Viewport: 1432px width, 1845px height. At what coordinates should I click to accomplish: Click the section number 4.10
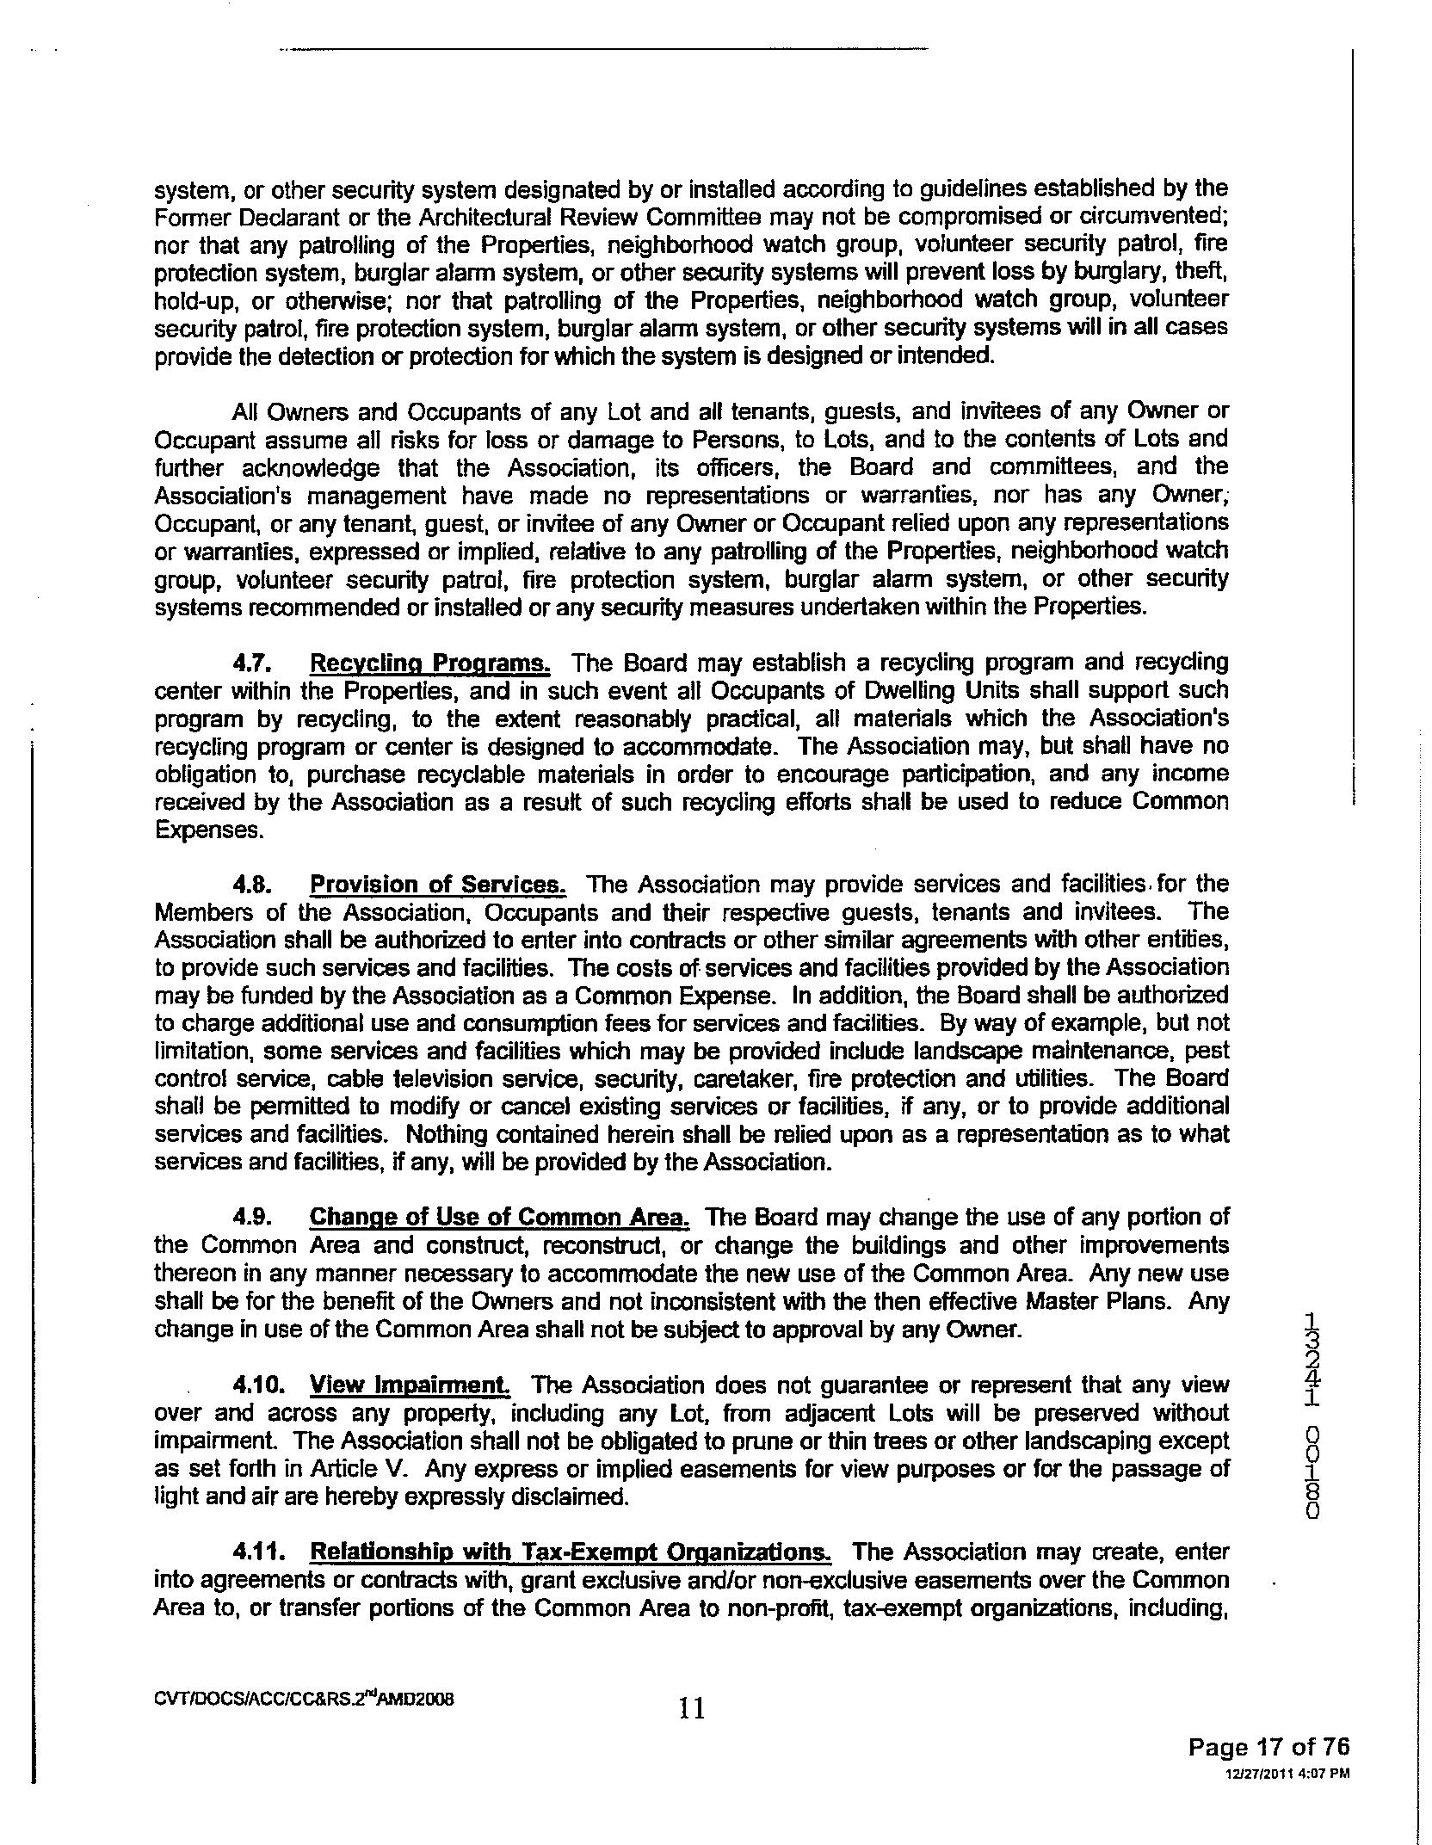coord(256,1385)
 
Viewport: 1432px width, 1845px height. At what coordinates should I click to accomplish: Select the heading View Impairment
coord(410,1385)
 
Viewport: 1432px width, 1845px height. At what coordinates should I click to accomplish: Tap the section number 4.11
coord(256,1552)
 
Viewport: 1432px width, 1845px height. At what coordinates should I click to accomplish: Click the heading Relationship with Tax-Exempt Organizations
coord(570,1552)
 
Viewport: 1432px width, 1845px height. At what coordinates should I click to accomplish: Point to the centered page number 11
coord(692,1707)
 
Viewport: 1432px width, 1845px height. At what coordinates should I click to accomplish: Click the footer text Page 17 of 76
coord(1268,1746)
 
